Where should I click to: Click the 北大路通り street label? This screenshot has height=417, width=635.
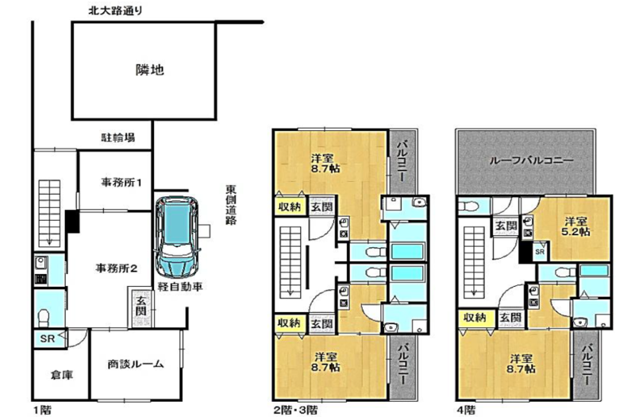[x=116, y=10]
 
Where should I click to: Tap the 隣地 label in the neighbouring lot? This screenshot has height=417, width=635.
[x=149, y=70]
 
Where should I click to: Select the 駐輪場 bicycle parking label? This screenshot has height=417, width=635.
[x=117, y=137]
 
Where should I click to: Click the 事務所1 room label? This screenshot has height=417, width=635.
[x=121, y=183]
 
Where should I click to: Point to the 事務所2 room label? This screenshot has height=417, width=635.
[x=116, y=268]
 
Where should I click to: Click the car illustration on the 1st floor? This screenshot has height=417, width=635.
[x=179, y=237]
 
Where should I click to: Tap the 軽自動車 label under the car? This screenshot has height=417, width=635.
[x=180, y=287]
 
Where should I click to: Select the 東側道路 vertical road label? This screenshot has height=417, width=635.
[x=231, y=205]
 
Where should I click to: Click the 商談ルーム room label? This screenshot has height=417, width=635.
[x=135, y=364]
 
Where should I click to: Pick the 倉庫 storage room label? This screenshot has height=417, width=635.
[x=62, y=375]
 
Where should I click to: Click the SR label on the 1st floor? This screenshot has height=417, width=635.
[x=47, y=338]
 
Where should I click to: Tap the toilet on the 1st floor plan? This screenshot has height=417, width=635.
[x=44, y=317]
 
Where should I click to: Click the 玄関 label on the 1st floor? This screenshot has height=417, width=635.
[x=140, y=306]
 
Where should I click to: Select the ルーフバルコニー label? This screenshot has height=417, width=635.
[x=531, y=160]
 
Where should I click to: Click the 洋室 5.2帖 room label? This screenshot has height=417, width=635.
[x=575, y=226]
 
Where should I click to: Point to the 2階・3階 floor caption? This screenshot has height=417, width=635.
[x=295, y=409]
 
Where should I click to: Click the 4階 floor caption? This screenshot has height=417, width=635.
[x=466, y=409]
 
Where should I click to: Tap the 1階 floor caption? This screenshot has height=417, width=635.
[x=41, y=409]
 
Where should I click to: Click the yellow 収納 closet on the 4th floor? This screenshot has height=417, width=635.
[x=476, y=318]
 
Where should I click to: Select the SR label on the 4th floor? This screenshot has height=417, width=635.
[x=541, y=252]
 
